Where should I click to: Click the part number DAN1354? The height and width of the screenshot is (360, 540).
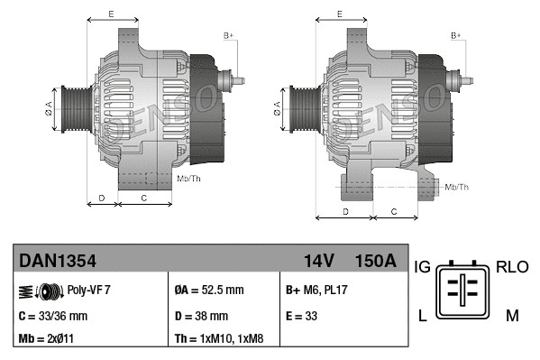pyautogui.click(x=58, y=261)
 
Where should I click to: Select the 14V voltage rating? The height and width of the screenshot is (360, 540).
pyautogui.click(x=319, y=261)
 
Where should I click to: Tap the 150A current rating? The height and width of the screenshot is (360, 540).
pyautogui.click(x=376, y=261)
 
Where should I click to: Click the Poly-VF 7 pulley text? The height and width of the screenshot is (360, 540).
pyautogui.click(x=89, y=291)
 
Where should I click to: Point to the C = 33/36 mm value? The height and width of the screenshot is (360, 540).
pyautogui.click(x=53, y=316)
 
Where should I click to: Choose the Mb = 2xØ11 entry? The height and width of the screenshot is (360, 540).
pyautogui.click(x=48, y=340)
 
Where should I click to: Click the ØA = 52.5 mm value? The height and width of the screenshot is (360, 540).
pyautogui.click(x=208, y=291)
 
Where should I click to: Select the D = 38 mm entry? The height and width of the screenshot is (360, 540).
pyautogui.click(x=201, y=316)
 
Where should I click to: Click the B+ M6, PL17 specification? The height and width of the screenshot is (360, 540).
pyautogui.click(x=318, y=291)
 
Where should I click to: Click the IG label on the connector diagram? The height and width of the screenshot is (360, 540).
pyautogui.click(x=422, y=267)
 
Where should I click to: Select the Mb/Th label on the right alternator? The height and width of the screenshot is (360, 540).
pyautogui.click(x=457, y=187)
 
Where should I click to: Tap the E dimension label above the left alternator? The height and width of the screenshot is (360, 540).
pyautogui.click(x=110, y=14)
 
